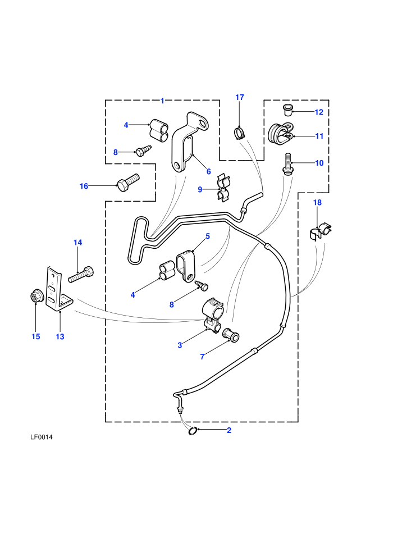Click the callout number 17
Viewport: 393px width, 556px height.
(x=240, y=97)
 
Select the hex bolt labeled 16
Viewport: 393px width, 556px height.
(x=128, y=182)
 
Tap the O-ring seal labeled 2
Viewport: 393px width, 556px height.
(x=193, y=430)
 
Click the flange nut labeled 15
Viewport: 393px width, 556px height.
(x=36, y=297)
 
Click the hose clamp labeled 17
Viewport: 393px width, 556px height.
(x=240, y=134)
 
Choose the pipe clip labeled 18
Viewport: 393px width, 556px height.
(x=321, y=231)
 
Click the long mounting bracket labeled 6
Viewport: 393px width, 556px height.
(x=190, y=142)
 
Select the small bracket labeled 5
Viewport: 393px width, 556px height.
(x=185, y=266)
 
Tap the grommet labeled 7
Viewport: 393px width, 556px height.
(x=230, y=335)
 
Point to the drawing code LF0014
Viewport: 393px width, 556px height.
(x=41, y=437)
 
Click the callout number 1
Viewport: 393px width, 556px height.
(x=162, y=101)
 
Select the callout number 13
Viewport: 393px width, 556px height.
(x=60, y=336)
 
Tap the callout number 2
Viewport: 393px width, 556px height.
(x=229, y=430)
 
